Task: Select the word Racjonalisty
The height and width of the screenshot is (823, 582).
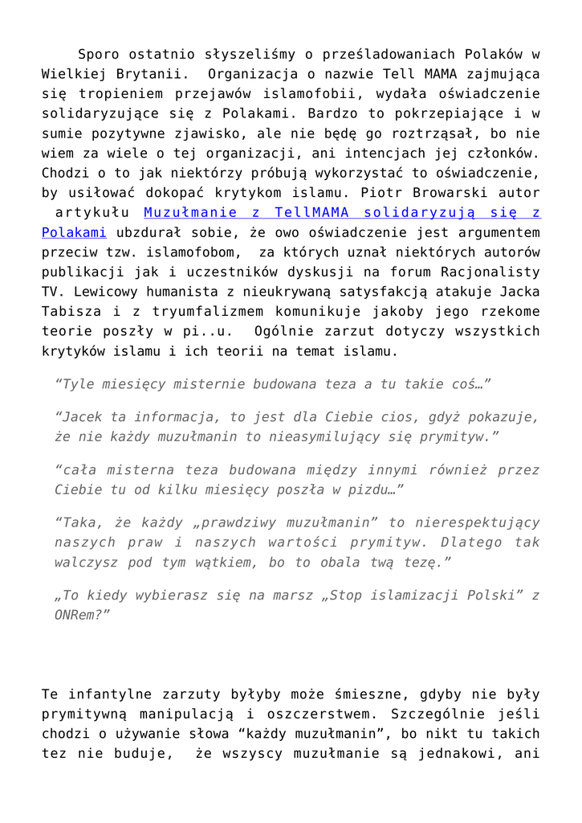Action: tap(487, 271)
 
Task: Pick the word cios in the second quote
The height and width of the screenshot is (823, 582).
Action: tap(401, 418)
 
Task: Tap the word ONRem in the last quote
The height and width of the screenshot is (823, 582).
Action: tap(79, 613)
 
